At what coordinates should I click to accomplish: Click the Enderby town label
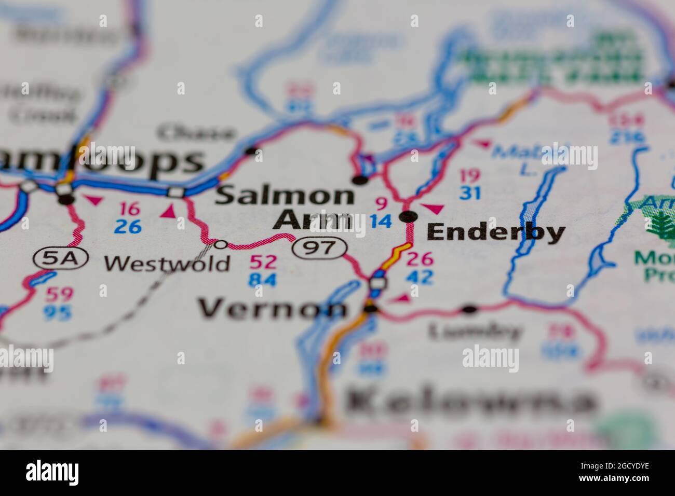tap(495, 232)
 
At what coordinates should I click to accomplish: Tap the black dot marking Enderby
tap(409, 216)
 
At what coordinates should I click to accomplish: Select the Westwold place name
tap(167, 264)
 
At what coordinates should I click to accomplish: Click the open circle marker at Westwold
tap(221, 244)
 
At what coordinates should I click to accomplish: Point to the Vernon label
tap(273, 309)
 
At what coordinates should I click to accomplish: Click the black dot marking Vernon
tap(371, 310)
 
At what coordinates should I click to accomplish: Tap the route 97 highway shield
tap(319, 247)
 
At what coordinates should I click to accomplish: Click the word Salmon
tap(285, 196)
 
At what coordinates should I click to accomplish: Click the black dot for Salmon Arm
tap(359, 181)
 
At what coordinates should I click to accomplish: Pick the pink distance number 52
tap(263, 262)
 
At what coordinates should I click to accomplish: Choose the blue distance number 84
tap(263, 280)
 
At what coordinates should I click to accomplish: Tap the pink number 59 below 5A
tap(58, 295)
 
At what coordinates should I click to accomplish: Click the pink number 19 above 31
tap(469, 175)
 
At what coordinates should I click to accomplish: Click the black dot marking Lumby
tap(469, 310)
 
